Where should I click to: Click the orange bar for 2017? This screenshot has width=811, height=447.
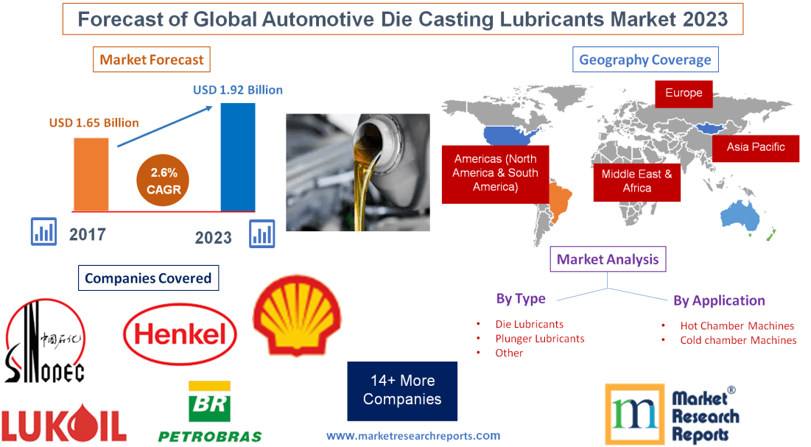click(x=91, y=174)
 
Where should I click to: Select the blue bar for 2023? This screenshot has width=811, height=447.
click(x=238, y=157)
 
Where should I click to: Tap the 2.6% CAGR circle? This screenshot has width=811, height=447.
click(x=164, y=180)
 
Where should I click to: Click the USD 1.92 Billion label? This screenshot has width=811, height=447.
click(x=237, y=90)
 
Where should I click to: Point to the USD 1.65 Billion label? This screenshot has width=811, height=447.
click(x=94, y=122)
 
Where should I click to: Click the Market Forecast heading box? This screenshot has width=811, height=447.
click(x=152, y=60)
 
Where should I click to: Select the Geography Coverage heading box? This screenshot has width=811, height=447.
click(x=645, y=60)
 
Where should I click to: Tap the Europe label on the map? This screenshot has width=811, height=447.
click(x=684, y=94)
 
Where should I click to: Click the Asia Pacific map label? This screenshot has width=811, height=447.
click(x=755, y=147)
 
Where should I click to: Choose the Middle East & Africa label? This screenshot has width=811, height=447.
click(x=636, y=180)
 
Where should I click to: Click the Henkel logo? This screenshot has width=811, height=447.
click(x=180, y=335)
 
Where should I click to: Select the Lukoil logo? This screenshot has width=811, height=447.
click(x=64, y=424)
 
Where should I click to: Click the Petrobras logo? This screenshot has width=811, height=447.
click(x=210, y=412)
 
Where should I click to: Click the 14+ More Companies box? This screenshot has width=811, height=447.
click(x=402, y=390)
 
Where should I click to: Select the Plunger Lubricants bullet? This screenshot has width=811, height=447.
click(x=539, y=339)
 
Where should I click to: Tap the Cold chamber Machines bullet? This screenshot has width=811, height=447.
click(x=737, y=340)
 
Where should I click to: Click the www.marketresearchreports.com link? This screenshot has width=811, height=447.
click(x=413, y=435)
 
